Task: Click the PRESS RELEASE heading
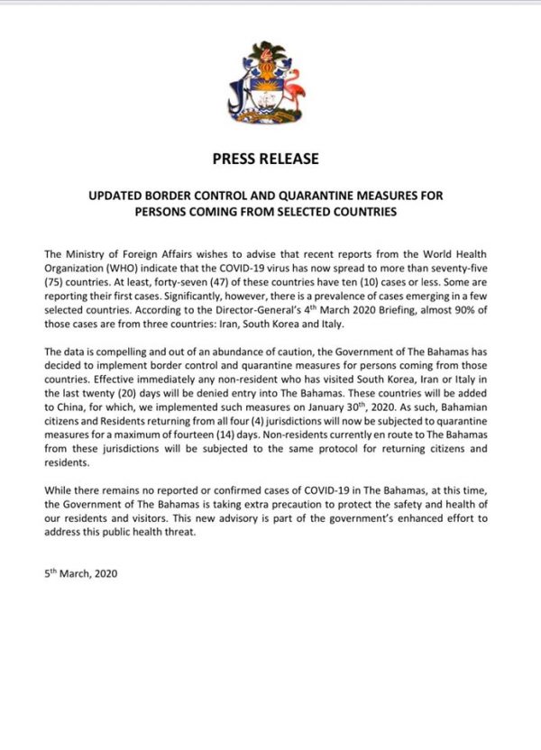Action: (265, 160)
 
